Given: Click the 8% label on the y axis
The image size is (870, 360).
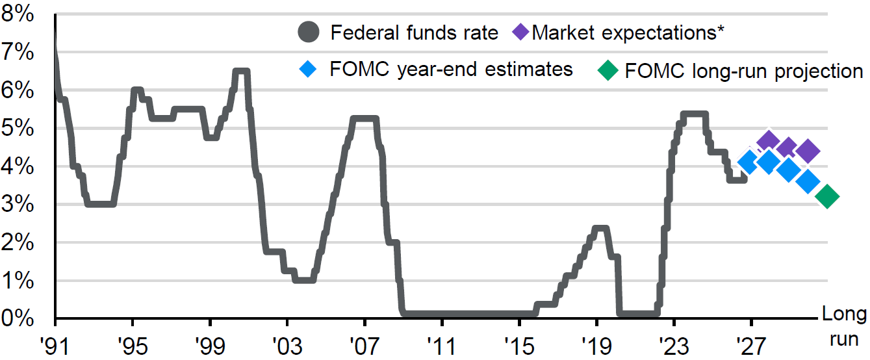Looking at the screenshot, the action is tap(18, 14).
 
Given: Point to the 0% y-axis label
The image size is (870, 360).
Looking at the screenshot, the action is tap(18, 318).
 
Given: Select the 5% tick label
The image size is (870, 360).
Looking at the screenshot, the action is tap(18, 128).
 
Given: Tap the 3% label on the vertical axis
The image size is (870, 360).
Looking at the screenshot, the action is tap(18, 204).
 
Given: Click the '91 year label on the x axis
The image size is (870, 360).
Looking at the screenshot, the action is tap(55, 346).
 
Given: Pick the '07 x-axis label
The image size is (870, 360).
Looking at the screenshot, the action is tap(365, 346).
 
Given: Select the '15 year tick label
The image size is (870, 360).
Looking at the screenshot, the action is tap(519, 346).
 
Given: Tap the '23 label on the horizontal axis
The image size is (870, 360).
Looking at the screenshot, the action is tap(674, 346).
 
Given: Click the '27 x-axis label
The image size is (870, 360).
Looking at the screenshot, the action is tap(751, 346).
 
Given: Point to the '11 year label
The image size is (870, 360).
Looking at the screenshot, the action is tap(442, 346).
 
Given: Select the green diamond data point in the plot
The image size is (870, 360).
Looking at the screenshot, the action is tap(827, 196).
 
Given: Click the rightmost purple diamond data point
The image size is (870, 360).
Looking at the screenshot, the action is tap(808, 151).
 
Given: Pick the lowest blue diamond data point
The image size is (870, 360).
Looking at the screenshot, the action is tap(808, 181).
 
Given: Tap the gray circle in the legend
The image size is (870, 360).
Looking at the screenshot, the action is tap(309, 32).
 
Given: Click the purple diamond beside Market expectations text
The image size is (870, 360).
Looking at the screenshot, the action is tap(520, 32).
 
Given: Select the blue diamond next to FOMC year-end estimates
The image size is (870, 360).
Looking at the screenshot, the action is tap(308, 69).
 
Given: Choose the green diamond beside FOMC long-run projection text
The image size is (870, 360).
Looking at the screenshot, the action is tap(608, 70).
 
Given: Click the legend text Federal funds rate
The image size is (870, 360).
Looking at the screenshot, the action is tap(415, 32).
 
